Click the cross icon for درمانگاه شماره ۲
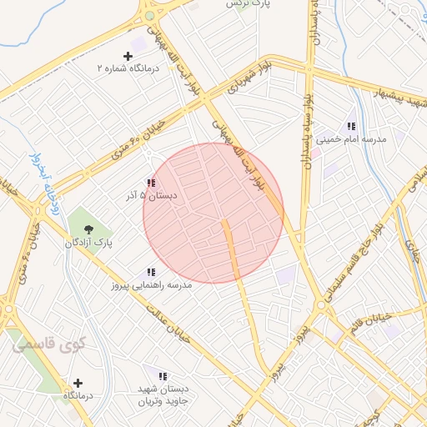click(x=128, y=55)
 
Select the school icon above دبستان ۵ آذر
click(x=150, y=183)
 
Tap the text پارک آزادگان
click(x=90, y=242)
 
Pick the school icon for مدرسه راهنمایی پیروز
click(x=151, y=272)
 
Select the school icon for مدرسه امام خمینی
click(x=351, y=126)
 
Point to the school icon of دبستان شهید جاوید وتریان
click(x=163, y=376)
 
